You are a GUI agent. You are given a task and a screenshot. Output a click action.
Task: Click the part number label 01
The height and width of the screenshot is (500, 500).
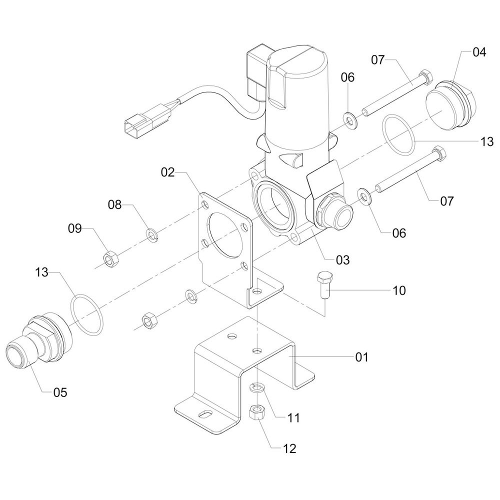tap(361, 357)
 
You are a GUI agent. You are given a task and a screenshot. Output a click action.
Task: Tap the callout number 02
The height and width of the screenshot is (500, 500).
tap(168, 173)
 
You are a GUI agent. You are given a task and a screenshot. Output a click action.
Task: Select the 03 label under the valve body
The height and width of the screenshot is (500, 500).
tap(342, 260)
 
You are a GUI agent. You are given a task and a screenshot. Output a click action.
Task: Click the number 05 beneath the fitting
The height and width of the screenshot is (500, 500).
tap(60, 392)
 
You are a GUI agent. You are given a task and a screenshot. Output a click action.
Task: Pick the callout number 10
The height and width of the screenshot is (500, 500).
tap(399, 290)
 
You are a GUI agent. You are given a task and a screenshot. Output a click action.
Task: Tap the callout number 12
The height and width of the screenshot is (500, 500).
tap(289, 448)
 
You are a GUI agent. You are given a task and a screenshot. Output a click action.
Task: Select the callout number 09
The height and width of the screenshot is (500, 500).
tap(75, 228)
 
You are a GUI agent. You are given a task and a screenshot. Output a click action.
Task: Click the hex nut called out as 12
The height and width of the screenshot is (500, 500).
tap(256, 412)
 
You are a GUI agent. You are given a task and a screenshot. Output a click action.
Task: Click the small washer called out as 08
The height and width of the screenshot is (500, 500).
tap(150, 233)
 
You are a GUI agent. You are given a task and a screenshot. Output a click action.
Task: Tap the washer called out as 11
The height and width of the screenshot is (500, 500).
tap(257, 387)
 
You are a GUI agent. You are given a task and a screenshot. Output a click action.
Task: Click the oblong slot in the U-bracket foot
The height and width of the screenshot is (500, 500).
tap(204, 414)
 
